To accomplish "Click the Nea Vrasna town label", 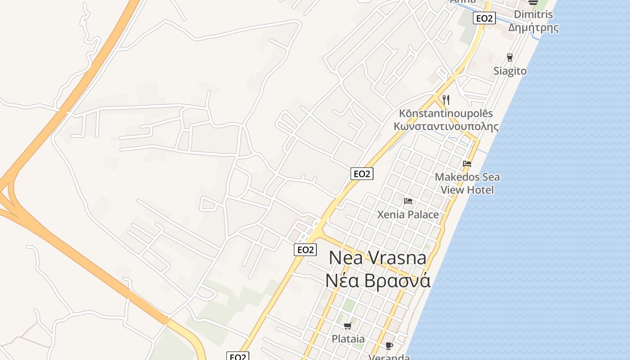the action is click(x=378, y=258).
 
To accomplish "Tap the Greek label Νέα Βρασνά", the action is click(x=378, y=280).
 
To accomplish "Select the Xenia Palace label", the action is click(x=408, y=215).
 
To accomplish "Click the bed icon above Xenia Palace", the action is click(x=408, y=201).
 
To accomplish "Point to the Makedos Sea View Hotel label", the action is click(x=467, y=184).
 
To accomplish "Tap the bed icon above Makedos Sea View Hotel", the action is click(x=467, y=163).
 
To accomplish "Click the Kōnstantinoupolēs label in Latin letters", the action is click(x=446, y=114).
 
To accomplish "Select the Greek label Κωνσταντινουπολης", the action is click(x=446, y=126).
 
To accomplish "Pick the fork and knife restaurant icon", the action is click(x=446, y=99).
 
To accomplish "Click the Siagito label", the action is click(x=510, y=71).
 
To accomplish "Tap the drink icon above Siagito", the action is click(x=509, y=58).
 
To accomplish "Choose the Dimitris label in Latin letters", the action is click(x=533, y=14).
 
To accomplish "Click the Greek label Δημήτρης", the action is click(x=533, y=27).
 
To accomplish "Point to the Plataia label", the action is click(x=348, y=339).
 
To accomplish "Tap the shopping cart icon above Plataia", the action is click(x=347, y=326).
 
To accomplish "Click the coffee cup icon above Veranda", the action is click(x=389, y=346).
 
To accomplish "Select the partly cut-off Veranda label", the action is click(x=389, y=357).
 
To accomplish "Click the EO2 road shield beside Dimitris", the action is click(x=484, y=18).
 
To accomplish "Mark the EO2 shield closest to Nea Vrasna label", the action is click(x=305, y=250).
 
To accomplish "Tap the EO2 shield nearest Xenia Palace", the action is click(x=362, y=174).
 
